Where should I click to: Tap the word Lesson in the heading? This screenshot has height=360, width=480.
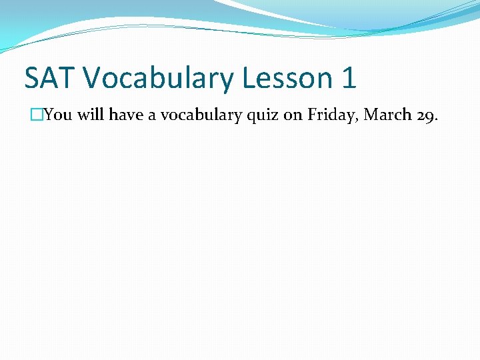[287, 78]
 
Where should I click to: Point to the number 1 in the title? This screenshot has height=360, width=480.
[348, 78]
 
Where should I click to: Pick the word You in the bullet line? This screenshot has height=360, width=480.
[58, 115]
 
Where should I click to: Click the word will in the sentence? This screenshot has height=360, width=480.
[91, 115]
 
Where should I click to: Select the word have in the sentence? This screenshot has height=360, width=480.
[125, 115]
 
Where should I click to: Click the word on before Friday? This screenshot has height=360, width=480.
[293, 115]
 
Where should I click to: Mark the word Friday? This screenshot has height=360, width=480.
[331, 115]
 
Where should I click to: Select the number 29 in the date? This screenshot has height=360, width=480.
[425, 115]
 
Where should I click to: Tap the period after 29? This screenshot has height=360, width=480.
[437, 119]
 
